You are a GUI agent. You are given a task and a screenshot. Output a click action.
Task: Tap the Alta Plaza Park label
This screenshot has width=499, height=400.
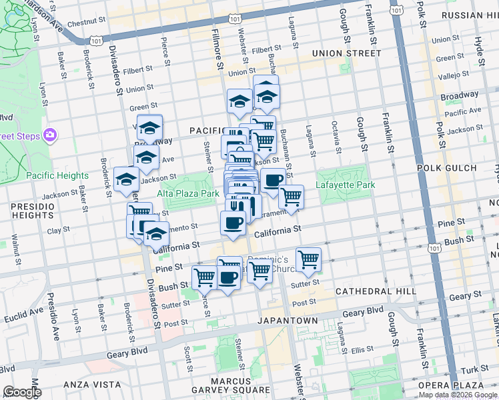pyautogui.click(x=189, y=193)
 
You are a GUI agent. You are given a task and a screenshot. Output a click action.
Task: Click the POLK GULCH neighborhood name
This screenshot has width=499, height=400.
pyautogui.click(x=446, y=169)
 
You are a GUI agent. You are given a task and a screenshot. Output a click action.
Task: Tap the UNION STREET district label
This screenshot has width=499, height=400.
pyautogui.click(x=347, y=53)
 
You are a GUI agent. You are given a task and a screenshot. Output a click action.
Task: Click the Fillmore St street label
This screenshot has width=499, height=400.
pyautogui.click(x=217, y=50)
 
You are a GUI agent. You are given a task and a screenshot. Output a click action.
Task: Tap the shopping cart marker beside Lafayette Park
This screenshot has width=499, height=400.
pyautogui.click(x=291, y=197)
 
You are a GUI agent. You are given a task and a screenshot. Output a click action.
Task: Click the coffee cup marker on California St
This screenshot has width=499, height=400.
pyautogui.click(x=233, y=223)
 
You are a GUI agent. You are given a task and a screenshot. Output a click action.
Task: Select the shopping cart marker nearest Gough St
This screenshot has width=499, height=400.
pyautogui.click(x=308, y=259)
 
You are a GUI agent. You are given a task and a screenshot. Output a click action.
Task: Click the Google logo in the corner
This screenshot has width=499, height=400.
pyautogui.click(x=22, y=392)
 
